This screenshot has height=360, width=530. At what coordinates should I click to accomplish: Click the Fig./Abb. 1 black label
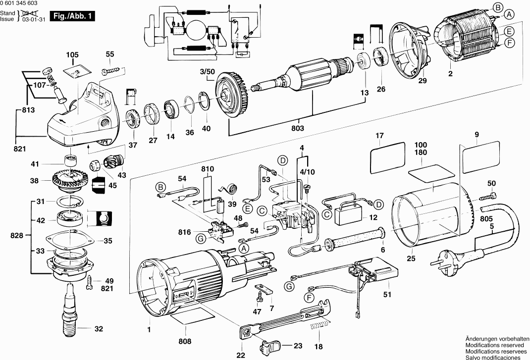[72, 16]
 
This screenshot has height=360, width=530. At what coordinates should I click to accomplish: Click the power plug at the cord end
[447, 258]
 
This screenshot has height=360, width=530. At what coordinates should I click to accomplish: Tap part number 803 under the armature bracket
[298, 128]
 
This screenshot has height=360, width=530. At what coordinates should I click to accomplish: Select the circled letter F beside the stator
[509, 43]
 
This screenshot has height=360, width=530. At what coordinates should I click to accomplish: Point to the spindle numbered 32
[71, 309]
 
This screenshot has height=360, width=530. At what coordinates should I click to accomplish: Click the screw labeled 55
[111, 70]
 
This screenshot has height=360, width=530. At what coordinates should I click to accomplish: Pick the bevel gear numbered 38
[70, 181]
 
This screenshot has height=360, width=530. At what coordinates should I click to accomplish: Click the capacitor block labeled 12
[348, 213]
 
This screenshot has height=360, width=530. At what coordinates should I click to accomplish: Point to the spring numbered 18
[319, 326]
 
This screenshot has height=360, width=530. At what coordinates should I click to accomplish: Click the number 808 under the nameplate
[185, 341]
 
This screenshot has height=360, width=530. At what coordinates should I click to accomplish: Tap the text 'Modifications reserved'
[494, 345]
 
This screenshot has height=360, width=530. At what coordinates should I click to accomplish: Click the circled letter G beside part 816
[201, 239]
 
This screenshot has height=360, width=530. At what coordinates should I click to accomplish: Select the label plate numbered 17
[387, 157]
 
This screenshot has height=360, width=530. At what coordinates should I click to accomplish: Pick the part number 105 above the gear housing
[72, 55]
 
